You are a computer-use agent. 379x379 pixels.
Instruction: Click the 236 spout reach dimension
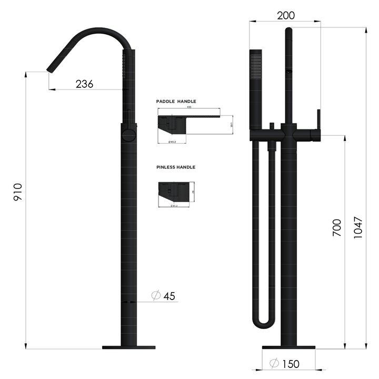[x=84, y=84]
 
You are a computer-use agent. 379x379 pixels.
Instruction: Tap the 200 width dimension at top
[x=285, y=15]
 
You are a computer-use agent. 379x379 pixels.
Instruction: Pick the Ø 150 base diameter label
[x=284, y=364]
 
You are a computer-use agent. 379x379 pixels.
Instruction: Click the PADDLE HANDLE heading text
[x=176, y=101]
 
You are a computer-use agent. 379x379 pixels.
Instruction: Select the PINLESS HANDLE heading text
[x=175, y=167]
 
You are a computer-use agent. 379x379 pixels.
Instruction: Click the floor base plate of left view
[x=129, y=347]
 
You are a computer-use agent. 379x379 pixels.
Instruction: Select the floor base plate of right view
[x=288, y=347]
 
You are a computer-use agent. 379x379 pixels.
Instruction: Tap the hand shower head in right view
[x=255, y=66]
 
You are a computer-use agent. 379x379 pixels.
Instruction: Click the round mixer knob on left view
[x=128, y=136]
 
